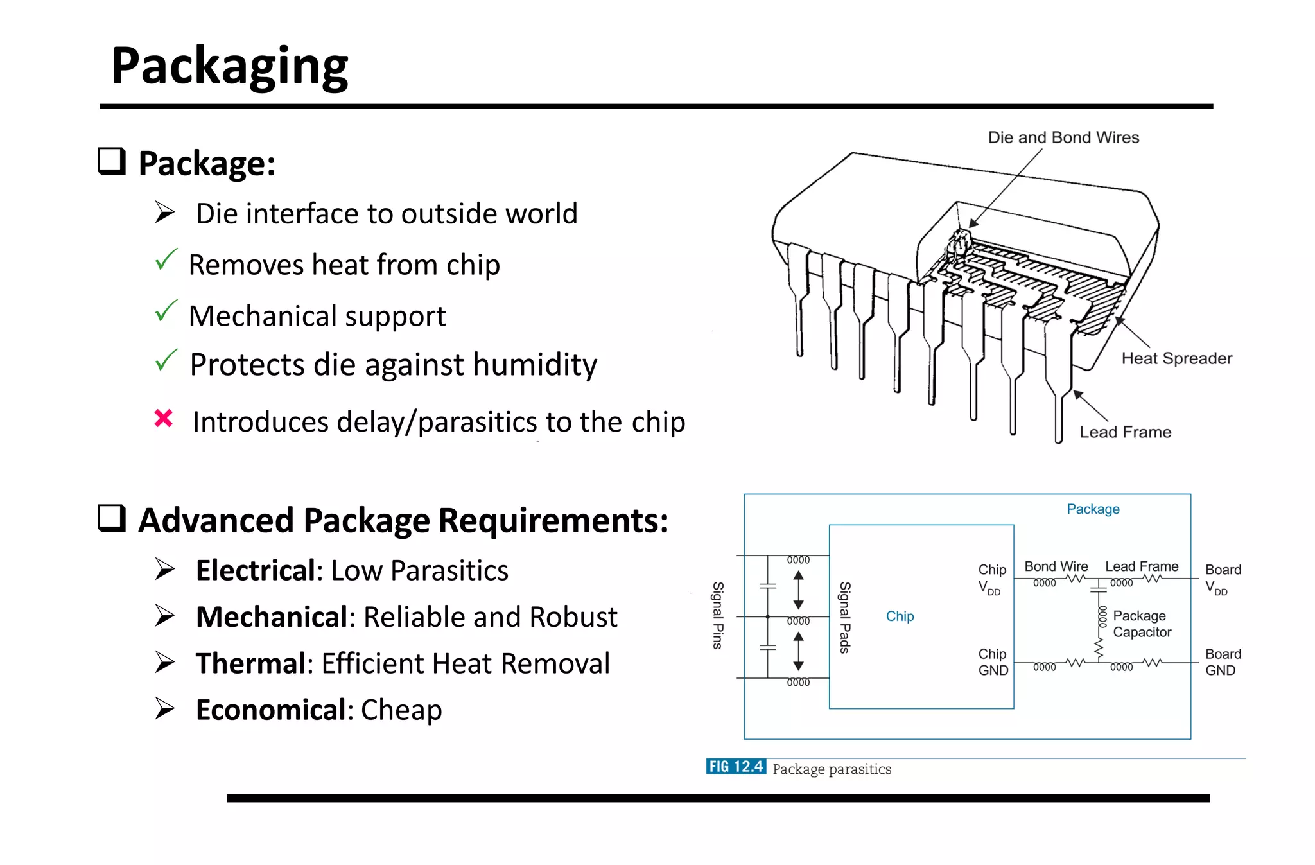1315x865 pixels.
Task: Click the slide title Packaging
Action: coord(229,66)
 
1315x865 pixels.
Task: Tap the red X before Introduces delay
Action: coord(164,419)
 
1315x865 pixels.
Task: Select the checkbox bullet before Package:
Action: coord(112,161)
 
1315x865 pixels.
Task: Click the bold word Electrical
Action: coord(255,570)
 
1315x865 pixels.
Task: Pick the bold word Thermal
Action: coord(250,663)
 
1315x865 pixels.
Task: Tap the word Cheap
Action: coord(401,710)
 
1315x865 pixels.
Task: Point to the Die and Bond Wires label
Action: coord(1063,137)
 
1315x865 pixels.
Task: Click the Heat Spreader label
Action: coord(1176,358)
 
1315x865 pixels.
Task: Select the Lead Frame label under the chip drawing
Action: coord(1125,432)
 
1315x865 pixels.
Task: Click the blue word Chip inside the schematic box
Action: coord(900,616)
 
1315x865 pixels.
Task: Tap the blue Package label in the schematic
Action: coord(1093,509)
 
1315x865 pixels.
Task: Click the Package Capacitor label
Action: coord(1141,624)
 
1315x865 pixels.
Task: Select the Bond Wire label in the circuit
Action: coord(1056,566)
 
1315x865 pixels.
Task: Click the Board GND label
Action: coord(1223,662)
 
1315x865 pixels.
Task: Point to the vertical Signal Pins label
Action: coord(718,615)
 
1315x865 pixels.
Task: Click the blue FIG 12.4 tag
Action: coord(736,767)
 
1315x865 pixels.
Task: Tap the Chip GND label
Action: coord(993,662)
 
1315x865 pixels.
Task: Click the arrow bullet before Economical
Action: coord(164,708)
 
